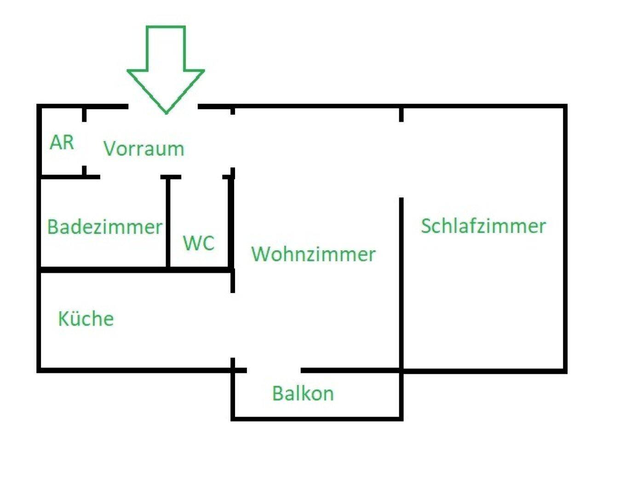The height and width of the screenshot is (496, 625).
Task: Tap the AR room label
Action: [62, 142]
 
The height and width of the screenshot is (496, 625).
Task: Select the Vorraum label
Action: [143, 148]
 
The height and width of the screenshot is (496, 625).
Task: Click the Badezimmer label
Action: [105, 227]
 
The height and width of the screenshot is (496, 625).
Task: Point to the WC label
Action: [199, 243]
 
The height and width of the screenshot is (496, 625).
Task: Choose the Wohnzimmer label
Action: [313, 254]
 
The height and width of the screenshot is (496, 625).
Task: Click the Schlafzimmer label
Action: [483, 226]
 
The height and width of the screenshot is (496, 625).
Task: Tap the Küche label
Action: [86, 319]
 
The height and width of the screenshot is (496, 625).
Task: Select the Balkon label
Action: [303, 394]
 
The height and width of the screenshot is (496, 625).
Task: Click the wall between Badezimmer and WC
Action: [168, 223]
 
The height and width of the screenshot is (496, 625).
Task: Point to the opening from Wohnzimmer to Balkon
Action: [274, 370]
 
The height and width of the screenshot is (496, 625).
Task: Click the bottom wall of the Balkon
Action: [317, 418]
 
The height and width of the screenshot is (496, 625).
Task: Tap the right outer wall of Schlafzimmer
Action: [565, 239]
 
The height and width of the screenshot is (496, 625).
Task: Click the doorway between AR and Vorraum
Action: [85, 143]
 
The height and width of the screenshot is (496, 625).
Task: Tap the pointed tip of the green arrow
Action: [166, 112]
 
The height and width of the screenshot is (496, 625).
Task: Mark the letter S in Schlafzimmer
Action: [427, 225]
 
